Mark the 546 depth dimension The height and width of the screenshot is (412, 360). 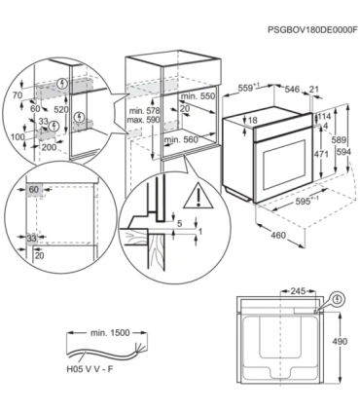coord(290,88)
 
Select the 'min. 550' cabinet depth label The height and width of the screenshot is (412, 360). coord(200,98)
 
